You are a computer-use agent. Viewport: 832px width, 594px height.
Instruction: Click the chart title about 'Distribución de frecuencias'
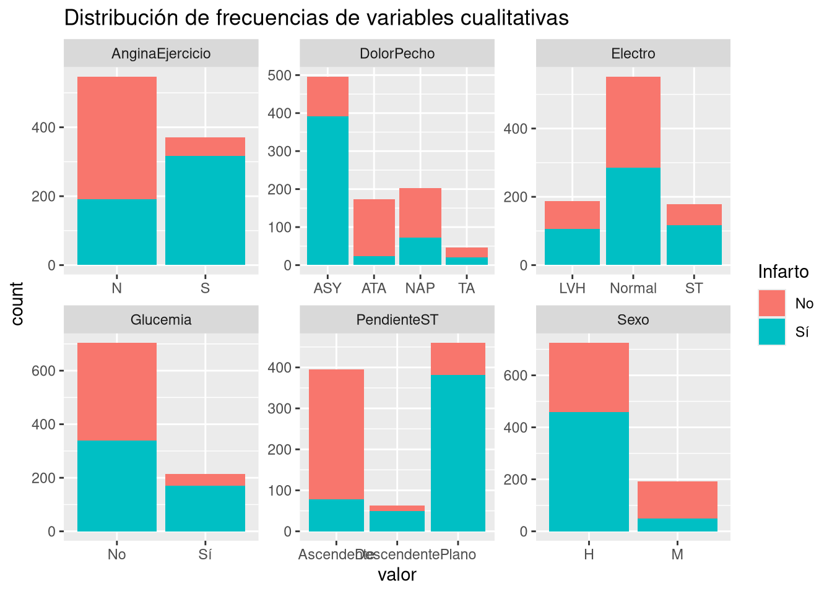click(x=316, y=18)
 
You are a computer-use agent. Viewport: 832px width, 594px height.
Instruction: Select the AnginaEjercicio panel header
click(x=161, y=54)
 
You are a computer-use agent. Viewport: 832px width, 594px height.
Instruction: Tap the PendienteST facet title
click(x=397, y=320)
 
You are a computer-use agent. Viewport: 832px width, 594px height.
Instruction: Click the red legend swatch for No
click(x=771, y=303)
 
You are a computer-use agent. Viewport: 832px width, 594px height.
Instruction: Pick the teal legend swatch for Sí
click(x=771, y=332)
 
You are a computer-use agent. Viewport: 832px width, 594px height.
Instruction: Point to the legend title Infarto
click(x=783, y=272)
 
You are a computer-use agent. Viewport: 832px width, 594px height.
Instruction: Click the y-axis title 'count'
click(x=17, y=303)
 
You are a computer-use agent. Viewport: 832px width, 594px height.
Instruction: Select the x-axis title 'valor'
click(x=397, y=575)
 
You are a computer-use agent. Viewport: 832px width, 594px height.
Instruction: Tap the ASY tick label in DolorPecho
click(x=327, y=288)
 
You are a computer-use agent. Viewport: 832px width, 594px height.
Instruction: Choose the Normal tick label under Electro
click(x=633, y=288)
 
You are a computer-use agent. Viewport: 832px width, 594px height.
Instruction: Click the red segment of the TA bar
click(x=467, y=252)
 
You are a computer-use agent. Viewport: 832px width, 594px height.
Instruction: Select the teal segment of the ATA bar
click(x=374, y=260)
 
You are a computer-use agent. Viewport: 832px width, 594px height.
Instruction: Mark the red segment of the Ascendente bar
click(x=336, y=433)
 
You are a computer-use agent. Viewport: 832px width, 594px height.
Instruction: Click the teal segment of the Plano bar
click(x=457, y=452)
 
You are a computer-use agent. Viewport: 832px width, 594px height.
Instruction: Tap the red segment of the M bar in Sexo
click(x=677, y=499)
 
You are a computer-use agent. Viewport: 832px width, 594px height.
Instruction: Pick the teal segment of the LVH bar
click(x=572, y=247)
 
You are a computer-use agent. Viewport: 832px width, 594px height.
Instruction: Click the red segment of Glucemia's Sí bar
click(x=205, y=480)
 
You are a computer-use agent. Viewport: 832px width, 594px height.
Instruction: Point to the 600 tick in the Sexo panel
click(x=519, y=376)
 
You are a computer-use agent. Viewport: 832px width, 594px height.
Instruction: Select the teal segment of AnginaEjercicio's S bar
click(x=205, y=210)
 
